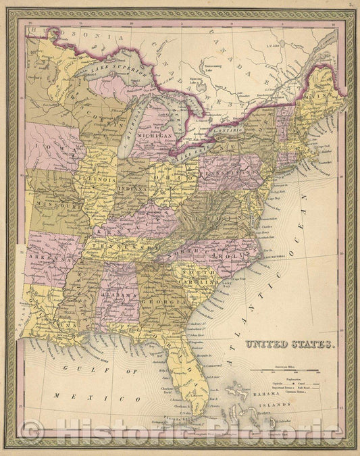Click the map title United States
pyautogui.click(x=290, y=345)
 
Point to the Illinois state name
pyautogui.click(x=96, y=180)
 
